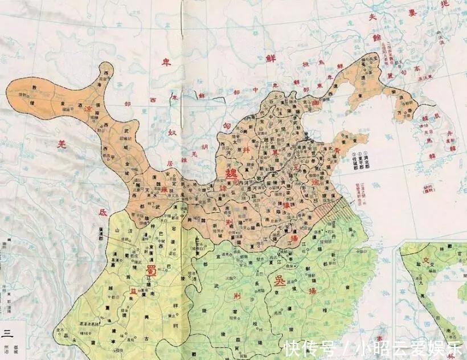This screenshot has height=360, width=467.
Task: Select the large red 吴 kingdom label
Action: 281,281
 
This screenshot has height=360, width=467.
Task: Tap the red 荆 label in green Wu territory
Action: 236,296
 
